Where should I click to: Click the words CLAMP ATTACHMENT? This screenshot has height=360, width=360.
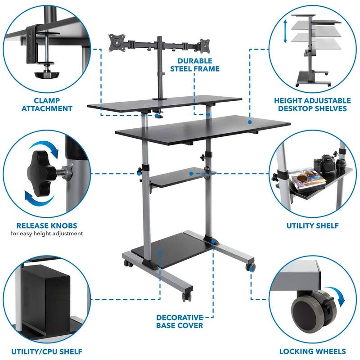(x=47, y=104)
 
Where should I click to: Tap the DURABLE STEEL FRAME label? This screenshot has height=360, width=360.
(x=195, y=65)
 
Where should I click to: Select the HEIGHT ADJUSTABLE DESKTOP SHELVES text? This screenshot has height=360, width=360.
(x=312, y=104)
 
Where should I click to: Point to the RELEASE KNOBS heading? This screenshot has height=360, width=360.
(x=47, y=225)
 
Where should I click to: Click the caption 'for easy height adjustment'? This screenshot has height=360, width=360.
(x=47, y=234)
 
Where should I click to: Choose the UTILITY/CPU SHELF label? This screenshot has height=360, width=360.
(x=47, y=351)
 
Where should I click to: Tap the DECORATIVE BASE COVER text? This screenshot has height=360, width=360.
(x=180, y=321)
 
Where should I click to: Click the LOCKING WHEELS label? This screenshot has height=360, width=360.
(x=312, y=351)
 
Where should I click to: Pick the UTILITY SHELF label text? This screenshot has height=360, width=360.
(x=312, y=226)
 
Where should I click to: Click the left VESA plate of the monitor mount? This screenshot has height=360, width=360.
(x=117, y=42)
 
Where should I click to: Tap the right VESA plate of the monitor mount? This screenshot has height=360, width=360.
(x=205, y=45)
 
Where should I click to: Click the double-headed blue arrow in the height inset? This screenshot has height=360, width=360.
(x=285, y=31)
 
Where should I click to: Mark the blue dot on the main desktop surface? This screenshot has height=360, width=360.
(x=250, y=122)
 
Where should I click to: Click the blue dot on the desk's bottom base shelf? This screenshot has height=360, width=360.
(x=160, y=252)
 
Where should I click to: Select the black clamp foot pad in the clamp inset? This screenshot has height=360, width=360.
(x=47, y=75)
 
